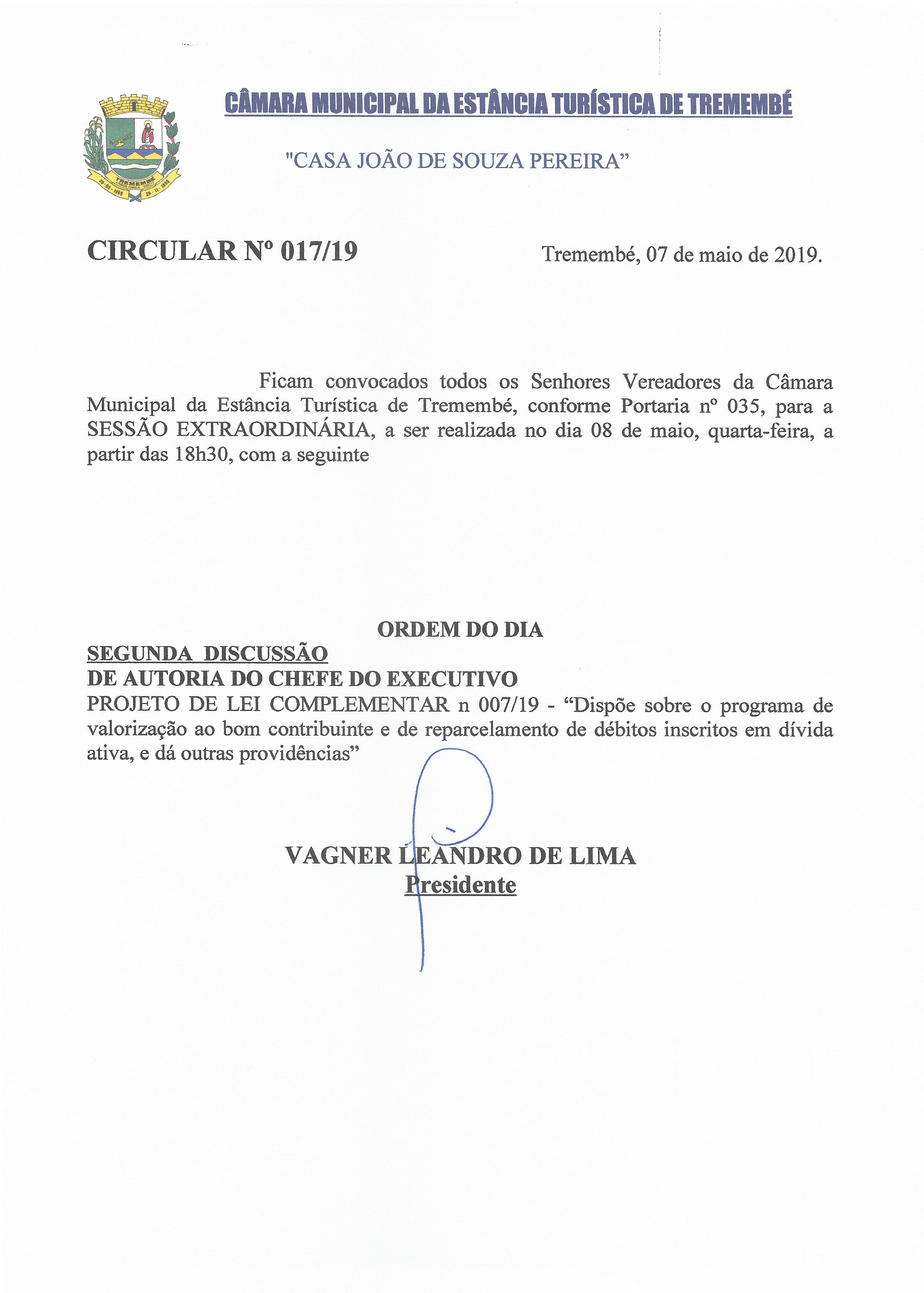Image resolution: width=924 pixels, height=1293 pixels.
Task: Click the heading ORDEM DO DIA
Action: click(460, 629)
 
